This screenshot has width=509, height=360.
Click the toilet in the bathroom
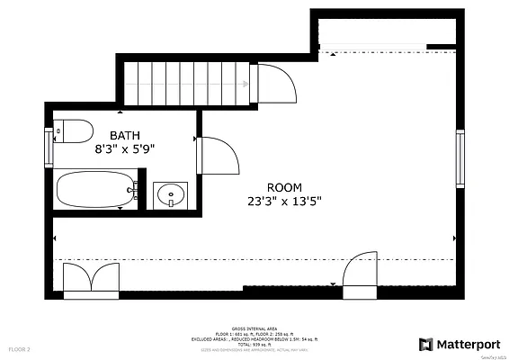coord(74,130)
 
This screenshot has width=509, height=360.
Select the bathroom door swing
coord(217,155)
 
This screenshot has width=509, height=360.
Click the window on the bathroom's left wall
coord(49,145)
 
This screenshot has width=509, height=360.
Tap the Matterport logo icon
coord(424,344)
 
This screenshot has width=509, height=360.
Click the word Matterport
coord(467,344)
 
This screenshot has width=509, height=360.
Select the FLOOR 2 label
coord(20,348)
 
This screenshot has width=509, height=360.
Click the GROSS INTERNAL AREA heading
coord(254,328)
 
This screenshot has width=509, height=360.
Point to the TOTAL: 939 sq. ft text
coord(254,343)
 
